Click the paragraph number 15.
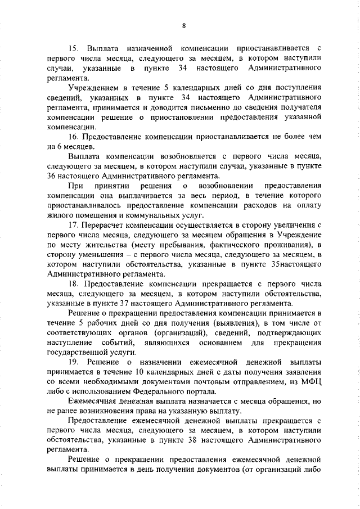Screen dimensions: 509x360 pos(73,48)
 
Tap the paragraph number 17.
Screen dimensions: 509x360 pos(73,225)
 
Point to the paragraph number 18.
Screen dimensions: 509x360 pos(73,283)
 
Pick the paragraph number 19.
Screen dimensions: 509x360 pos(73,362)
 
